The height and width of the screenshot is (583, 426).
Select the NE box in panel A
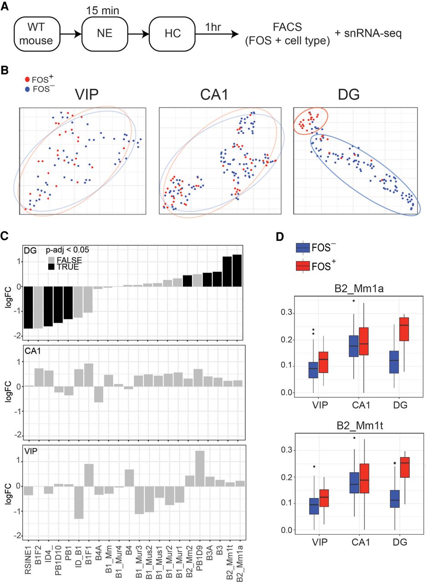tap(105, 34)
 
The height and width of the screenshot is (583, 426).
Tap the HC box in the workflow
tap(172, 34)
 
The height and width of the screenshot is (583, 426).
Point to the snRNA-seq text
tap(369, 34)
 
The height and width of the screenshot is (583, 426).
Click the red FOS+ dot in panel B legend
tap(27, 79)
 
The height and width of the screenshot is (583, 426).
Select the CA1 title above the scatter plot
tap(214, 94)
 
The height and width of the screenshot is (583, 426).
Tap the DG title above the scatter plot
tap(349, 94)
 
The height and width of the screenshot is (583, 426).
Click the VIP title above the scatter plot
tap(86, 94)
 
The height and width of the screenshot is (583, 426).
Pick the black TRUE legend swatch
tap(51, 267)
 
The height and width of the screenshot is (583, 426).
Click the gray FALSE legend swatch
tap(51, 260)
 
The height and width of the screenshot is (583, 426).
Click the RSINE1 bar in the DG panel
tap(29, 307)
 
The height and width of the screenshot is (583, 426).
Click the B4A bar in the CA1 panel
tap(99, 394)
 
